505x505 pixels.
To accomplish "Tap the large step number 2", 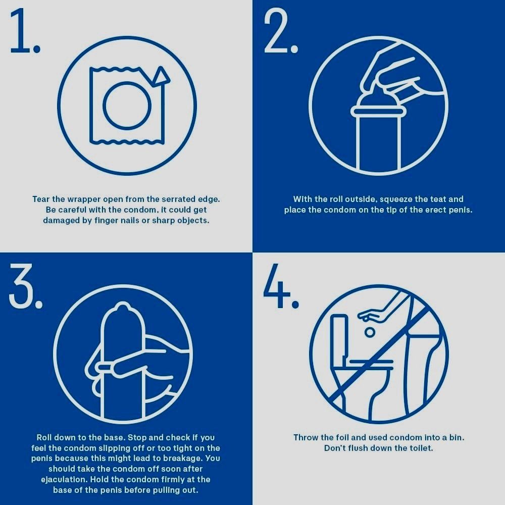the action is tap(280, 31).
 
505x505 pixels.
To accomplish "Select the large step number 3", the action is tap(25, 286).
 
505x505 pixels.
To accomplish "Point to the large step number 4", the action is tap(281, 286).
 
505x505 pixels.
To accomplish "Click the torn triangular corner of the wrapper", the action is tap(160, 77).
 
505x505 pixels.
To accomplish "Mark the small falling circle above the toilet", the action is tap(370, 332).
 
